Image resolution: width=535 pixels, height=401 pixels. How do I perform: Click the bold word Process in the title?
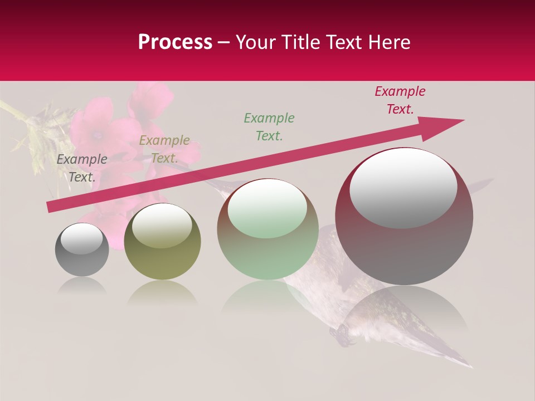click(x=175, y=42)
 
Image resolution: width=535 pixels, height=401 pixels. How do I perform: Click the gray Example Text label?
click(x=82, y=168)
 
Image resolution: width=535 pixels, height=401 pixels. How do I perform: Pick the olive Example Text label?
click(x=164, y=149)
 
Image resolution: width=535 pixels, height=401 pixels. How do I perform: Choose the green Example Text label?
click(x=269, y=126)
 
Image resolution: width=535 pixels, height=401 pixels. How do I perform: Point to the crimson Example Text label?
click(x=400, y=100)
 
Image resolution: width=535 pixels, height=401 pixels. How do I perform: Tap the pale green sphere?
click(x=268, y=251)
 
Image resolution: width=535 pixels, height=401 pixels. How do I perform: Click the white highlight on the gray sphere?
click(x=82, y=238)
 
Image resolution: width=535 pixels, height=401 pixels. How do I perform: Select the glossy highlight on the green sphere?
click(x=267, y=208)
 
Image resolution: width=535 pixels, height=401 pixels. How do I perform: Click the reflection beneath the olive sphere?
click(x=162, y=292)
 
